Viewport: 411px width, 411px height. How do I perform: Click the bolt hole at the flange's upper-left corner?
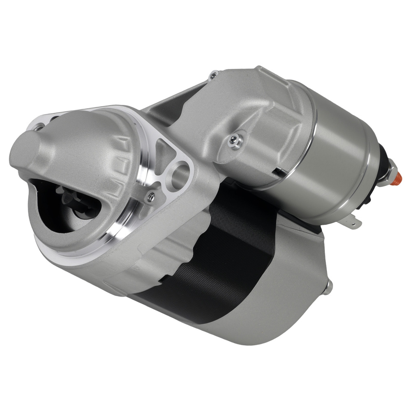tap(39, 128)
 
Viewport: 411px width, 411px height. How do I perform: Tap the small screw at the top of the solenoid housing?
tap(213, 76)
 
